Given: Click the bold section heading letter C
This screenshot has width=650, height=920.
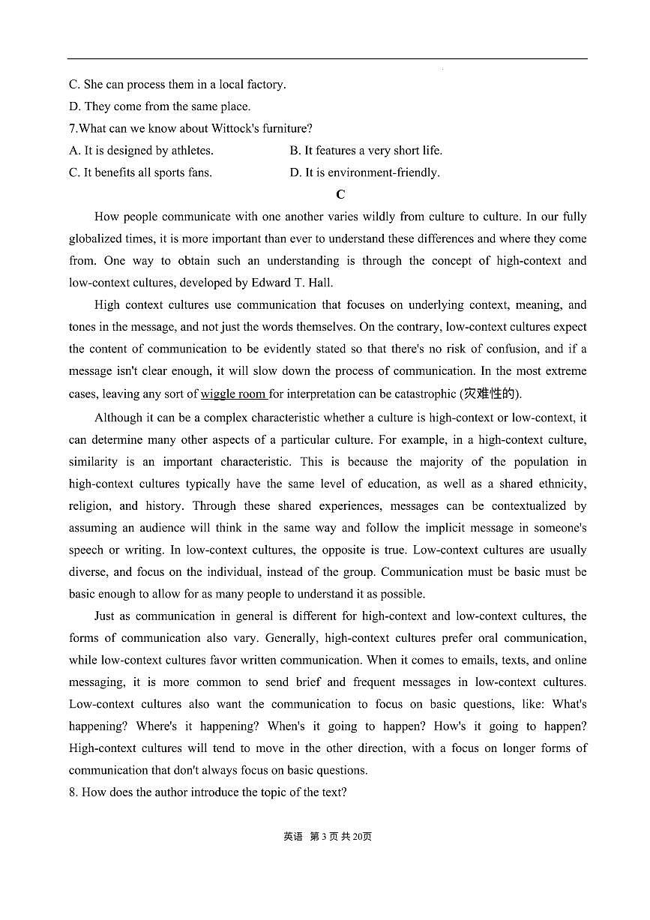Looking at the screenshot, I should point(340,194).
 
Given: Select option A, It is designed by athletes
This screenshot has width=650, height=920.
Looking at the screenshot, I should point(142,150).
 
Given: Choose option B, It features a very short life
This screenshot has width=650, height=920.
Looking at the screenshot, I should point(366,150).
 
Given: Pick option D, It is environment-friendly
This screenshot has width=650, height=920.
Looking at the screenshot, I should point(364,172).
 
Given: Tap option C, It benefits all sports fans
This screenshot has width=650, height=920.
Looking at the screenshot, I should point(141,172).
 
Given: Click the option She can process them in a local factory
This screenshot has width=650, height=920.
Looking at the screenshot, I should point(178,84).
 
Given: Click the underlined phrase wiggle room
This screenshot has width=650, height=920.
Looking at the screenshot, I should point(233,394).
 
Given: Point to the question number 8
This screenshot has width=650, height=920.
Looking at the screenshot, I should point(73,792).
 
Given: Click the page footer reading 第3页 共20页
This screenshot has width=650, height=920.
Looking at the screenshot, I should point(340,836).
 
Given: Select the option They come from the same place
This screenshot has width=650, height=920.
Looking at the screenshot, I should point(160,106).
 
